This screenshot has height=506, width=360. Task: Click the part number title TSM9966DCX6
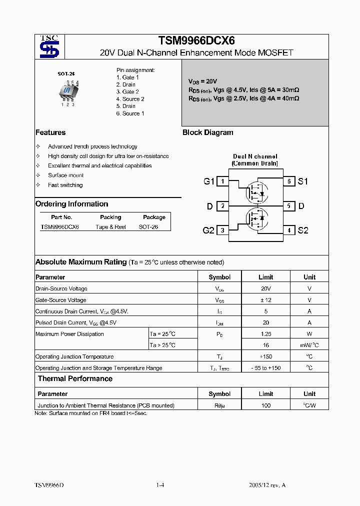(x=196, y=41)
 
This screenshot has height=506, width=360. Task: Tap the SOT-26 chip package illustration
(x=66, y=91)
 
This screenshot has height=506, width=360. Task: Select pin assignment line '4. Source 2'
(x=130, y=99)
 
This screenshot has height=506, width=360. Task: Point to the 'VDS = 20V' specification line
(x=202, y=81)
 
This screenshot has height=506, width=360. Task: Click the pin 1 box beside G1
(x=222, y=181)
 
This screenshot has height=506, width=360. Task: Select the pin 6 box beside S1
(x=289, y=181)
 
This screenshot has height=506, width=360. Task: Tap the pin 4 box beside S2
(x=289, y=230)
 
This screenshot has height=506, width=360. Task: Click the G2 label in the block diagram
(x=208, y=230)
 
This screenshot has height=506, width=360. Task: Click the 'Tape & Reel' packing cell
(x=110, y=226)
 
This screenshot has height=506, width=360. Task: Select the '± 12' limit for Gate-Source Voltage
(x=265, y=300)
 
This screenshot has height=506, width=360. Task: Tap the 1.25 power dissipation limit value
(x=265, y=333)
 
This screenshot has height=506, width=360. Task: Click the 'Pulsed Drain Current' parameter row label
(x=75, y=322)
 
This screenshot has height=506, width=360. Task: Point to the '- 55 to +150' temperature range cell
(x=265, y=368)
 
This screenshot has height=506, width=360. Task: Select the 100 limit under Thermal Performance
(x=265, y=405)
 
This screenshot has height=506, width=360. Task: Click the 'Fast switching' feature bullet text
(x=65, y=185)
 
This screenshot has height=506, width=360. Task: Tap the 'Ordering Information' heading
(x=71, y=204)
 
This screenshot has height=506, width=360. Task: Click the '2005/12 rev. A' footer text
(x=267, y=485)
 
